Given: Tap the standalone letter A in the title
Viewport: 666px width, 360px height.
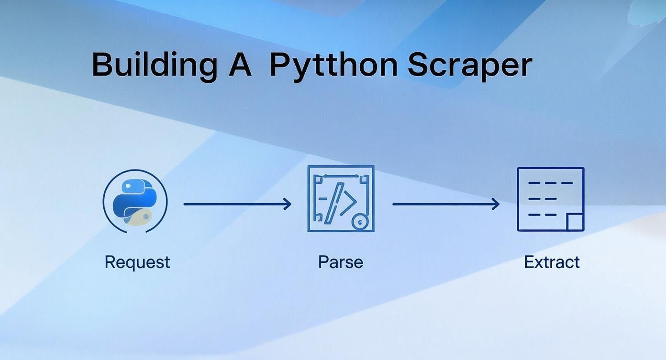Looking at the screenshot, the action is coord(240,65).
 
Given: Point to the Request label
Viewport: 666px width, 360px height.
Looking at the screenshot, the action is coord(137,263).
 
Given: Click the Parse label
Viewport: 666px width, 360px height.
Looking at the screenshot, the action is coord(341,262).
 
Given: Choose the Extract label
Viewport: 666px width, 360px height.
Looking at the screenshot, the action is coord(552,262).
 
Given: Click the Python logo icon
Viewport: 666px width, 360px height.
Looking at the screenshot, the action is coord(135,201).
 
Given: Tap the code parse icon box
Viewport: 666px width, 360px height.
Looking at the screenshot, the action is coord(341,199).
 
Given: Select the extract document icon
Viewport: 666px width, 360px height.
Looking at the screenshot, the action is coord(551,199).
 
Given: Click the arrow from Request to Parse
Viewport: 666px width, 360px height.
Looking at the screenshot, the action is coord(237,204).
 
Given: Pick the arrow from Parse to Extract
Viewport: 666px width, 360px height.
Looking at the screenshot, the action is coord(446,204).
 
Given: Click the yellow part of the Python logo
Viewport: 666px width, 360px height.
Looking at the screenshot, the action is coord(137,217).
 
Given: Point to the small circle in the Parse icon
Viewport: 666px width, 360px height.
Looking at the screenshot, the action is coord(360,222).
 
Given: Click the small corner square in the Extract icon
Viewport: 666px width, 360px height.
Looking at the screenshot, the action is coord(575,222).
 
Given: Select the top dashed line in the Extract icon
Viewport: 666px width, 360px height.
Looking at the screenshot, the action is coord(551,183).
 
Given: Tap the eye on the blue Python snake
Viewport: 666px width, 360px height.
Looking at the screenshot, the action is coord(128,186).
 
